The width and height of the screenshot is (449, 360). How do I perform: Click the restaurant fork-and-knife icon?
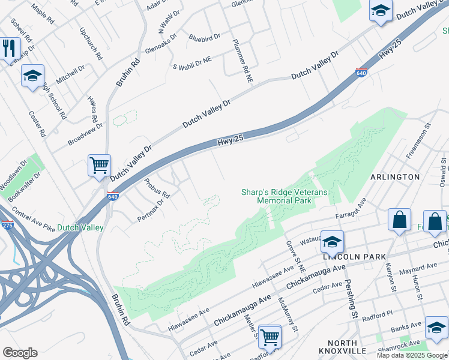pos(7,49)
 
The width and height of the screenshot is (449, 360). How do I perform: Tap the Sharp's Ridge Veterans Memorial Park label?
pos(285,196)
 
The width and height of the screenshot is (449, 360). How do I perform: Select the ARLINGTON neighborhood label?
pos(395,177)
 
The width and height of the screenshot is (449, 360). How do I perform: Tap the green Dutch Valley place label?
pos(79,227)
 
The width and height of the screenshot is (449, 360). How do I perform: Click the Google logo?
pos(20,353)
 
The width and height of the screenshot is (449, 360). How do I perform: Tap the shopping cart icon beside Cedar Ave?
pos(270,337)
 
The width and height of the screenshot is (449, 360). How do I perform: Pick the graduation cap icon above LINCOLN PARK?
pos(332,241)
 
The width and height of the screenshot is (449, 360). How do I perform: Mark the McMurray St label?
pos(288,314)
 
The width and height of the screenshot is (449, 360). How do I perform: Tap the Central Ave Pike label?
pos(34,221)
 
